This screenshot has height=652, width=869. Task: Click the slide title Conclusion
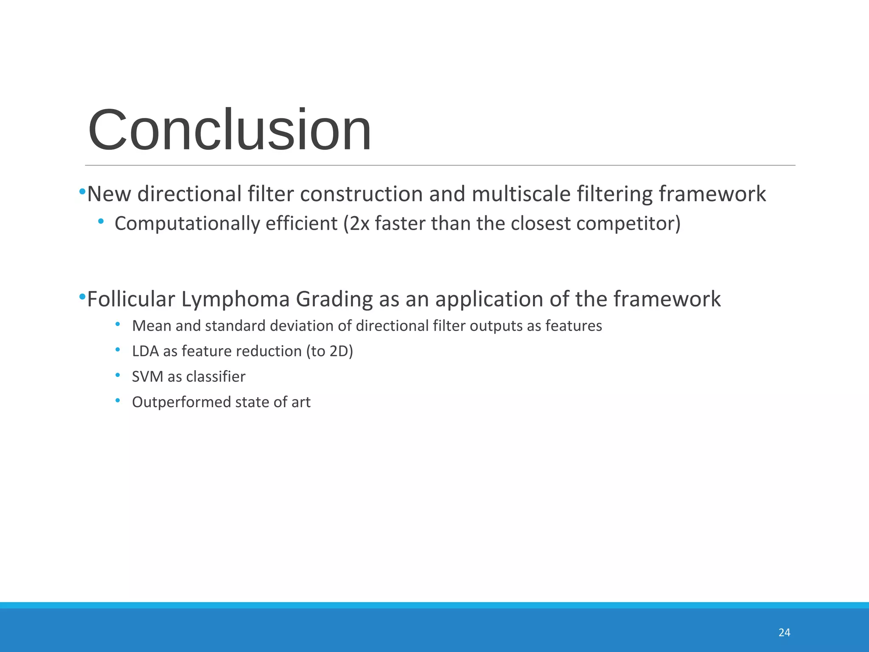pyautogui.click(x=230, y=130)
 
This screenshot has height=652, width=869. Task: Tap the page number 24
pyautogui.click(x=784, y=632)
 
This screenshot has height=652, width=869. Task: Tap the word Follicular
pyautogui.click(x=131, y=299)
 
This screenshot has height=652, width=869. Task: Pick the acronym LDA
pyautogui.click(x=145, y=351)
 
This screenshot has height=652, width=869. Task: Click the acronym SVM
pyautogui.click(x=147, y=377)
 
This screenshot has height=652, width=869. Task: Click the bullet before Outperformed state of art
pyautogui.click(x=118, y=401)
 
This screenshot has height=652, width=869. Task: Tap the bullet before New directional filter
pyautogui.click(x=82, y=192)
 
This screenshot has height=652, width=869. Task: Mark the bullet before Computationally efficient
pyautogui.click(x=101, y=221)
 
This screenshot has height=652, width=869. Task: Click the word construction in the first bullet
pyautogui.click(x=361, y=194)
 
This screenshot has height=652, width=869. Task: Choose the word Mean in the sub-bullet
pyautogui.click(x=151, y=326)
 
